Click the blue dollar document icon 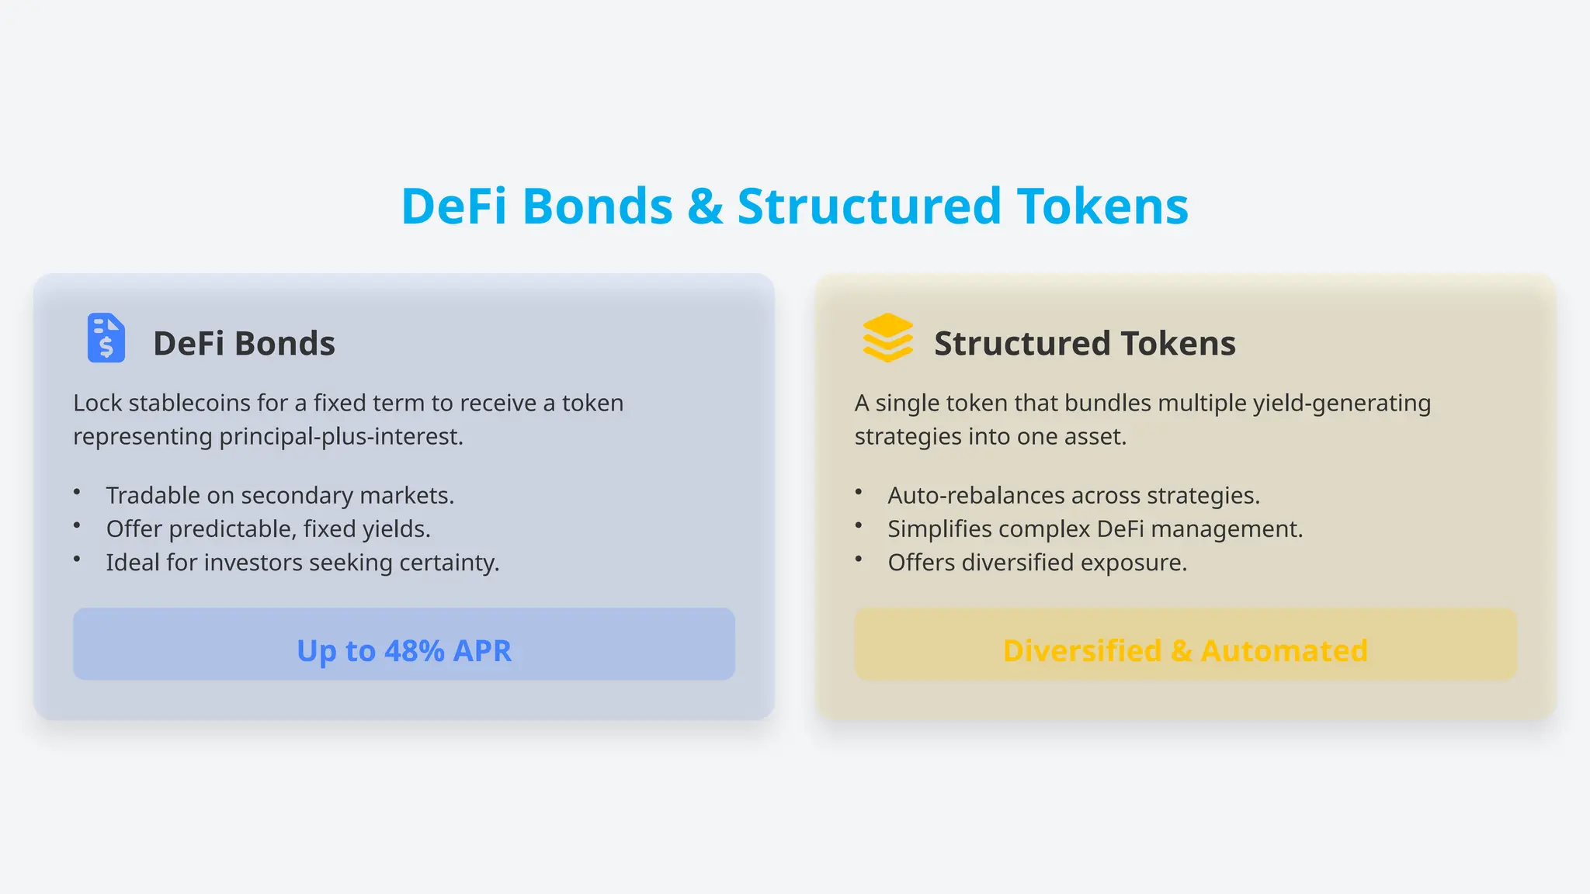pos(106,338)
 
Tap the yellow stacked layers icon pos(887,338)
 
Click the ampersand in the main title pos(704,206)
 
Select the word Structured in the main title pos(869,206)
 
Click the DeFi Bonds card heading pos(244,343)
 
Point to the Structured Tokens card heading pos(1084,343)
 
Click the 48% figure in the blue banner pos(415,650)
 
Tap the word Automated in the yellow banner pos(1283,650)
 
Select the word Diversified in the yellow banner pos(1081,650)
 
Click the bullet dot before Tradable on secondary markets pos(77,492)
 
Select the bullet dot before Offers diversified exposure pos(859,559)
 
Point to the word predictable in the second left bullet pos(231,528)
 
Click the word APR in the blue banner pos(482,650)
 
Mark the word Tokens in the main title pos(1102,206)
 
